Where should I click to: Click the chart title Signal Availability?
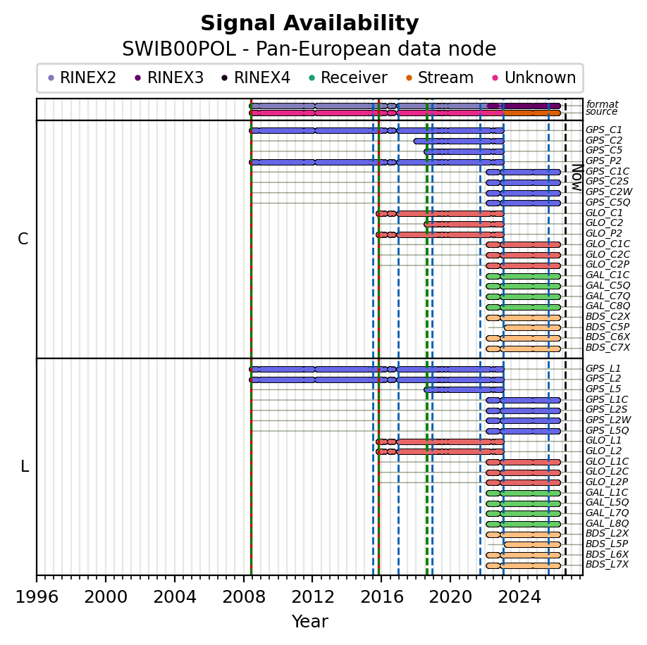309,23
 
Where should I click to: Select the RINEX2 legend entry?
82,77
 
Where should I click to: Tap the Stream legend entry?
440,77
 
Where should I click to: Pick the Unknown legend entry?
534,77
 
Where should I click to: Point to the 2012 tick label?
312,596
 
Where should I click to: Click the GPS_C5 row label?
604,151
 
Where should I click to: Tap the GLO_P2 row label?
604,233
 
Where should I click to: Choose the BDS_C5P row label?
608,327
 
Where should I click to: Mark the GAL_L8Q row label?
607,523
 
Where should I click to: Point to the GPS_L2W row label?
608,420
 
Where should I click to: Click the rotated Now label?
577,177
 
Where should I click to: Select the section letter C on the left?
23,239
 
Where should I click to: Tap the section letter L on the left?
25,467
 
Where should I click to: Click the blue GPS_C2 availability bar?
459,141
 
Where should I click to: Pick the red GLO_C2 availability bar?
464,224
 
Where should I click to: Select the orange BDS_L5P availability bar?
532,544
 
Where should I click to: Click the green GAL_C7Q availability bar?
523,296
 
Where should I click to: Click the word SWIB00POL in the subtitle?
179,49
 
